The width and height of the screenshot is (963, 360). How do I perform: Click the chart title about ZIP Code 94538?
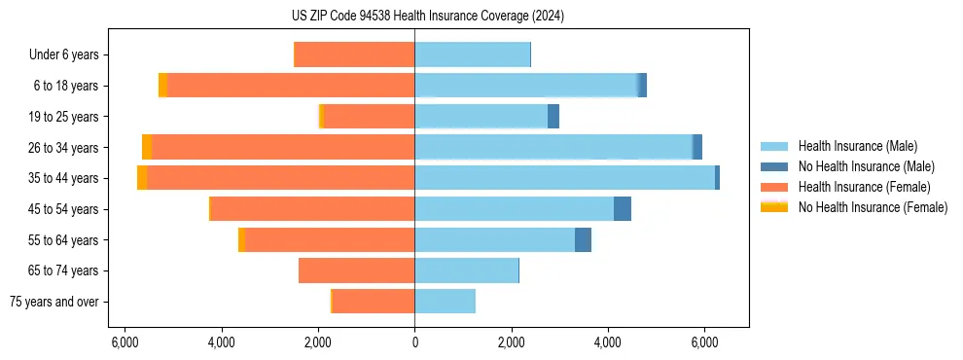click(x=414, y=17)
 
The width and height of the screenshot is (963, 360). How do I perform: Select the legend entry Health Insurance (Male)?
click(x=857, y=146)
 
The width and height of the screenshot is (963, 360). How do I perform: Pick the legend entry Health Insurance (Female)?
click(x=861, y=187)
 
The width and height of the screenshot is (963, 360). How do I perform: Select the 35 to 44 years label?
click(x=63, y=178)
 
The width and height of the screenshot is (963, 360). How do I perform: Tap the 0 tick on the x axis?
click(x=414, y=342)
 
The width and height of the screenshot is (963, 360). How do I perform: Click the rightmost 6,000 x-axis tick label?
click(x=704, y=342)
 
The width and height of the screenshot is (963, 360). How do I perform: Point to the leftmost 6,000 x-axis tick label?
click(x=125, y=342)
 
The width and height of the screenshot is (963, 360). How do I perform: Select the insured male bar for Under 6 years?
click(x=472, y=54)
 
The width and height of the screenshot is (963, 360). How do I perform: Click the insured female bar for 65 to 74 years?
click(x=357, y=270)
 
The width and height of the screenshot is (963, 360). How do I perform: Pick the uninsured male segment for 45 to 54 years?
click(x=623, y=209)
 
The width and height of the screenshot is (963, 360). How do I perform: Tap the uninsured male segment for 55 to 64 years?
click(x=583, y=239)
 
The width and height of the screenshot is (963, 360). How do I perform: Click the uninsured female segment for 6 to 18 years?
click(x=162, y=86)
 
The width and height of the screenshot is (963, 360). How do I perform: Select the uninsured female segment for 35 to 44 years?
click(x=142, y=178)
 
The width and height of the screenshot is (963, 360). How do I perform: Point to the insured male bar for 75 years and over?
click(x=445, y=302)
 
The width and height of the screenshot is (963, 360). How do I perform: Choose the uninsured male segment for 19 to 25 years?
click(x=553, y=117)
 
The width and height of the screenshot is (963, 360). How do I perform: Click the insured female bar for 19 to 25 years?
click(x=369, y=117)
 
